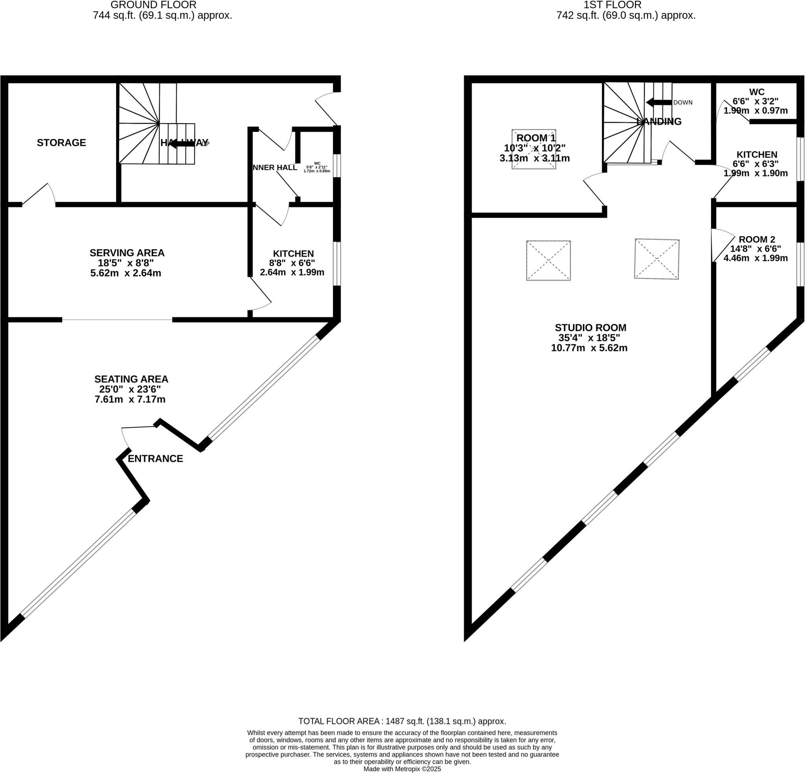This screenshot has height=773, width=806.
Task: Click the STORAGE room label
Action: tap(61, 143)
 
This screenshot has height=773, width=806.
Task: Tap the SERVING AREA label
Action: tap(127, 253)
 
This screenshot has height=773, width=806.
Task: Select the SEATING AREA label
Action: tap(131, 379)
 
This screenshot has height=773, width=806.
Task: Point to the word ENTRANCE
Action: tap(155, 459)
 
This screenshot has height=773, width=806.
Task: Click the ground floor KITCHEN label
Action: tap(293, 254)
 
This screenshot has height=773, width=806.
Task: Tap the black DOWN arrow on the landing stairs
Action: tap(658, 102)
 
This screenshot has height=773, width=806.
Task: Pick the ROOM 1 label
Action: tap(535, 138)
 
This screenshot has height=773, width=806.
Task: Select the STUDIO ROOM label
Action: tap(590, 328)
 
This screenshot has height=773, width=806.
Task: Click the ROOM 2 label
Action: tap(757, 239)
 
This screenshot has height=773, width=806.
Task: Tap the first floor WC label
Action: tap(757, 92)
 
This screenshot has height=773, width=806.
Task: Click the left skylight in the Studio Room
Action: tap(548, 261)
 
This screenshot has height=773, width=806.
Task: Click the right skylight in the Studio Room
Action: tap(656, 259)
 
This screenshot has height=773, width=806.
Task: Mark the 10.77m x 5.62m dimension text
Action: tap(589, 348)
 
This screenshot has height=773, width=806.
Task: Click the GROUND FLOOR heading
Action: tap(153, 5)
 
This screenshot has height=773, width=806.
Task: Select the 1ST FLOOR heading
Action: tap(612, 5)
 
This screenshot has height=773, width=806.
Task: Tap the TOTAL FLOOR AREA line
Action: tap(402, 721)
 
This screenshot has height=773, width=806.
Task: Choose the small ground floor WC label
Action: tap(317, 163)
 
